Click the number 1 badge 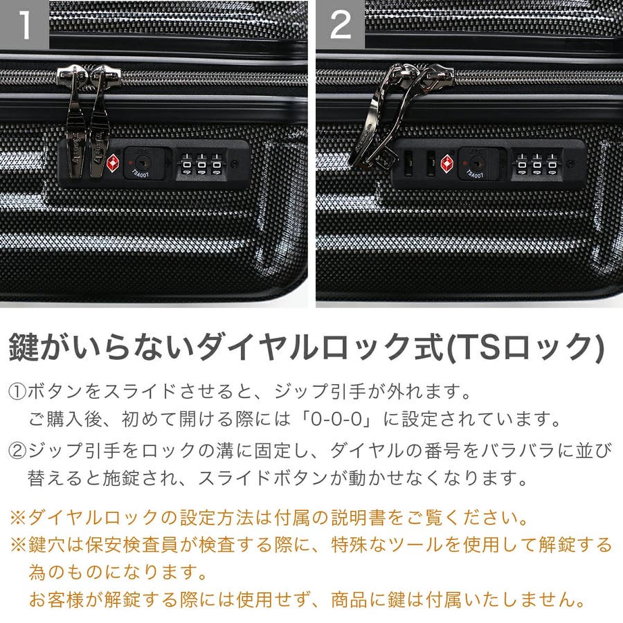[24, 25]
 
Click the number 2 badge [341, 25]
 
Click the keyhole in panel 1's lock [141, 161]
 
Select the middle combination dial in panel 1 [201, 165]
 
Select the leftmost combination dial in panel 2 [522, 165]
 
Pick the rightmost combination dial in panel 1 [217, 165]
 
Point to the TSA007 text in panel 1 [141, 173]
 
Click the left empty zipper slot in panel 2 [408, 163]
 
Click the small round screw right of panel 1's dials [235, 163]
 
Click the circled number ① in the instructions [17, 392]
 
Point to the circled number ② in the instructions [17, 451]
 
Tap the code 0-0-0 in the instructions [336, 419]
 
